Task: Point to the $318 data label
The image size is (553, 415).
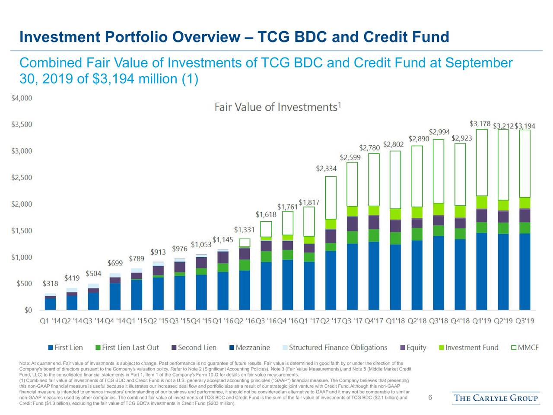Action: point(50,284)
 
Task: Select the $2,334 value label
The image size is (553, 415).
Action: point(326,168)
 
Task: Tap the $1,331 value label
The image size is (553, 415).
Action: point(244,230)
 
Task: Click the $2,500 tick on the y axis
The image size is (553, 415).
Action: point(22,178)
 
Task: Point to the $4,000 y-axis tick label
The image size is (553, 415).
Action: point(22,98)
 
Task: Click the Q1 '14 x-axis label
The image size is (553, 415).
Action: point(50,321)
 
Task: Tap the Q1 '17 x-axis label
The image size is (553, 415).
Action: point(309,321)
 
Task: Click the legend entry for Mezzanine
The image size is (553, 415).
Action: point(253,348)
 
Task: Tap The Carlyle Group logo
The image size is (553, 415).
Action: point(496,398)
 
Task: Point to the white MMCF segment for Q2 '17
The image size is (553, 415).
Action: point(331,198)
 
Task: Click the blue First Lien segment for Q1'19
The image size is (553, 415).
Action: point(481,271)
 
